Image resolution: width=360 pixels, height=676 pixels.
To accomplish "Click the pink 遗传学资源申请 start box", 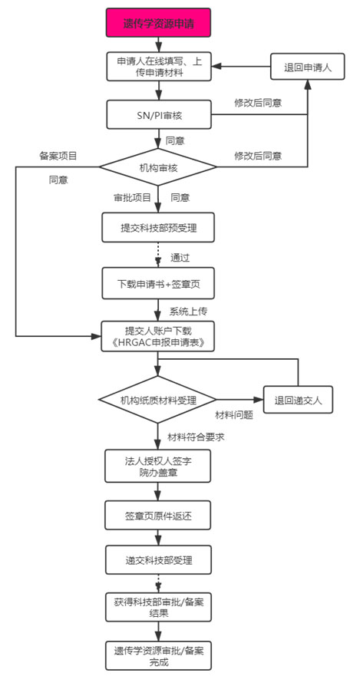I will pyautogui.click(x=159, y=24).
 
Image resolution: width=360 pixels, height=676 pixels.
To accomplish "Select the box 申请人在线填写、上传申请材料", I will pyautogui.click(x=159, y=67).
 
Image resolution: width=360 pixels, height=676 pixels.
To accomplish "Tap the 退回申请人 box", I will pyautogui.click(x=306, y=67).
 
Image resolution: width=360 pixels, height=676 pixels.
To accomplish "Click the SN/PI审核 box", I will pyautogui.click(x=159, y=115).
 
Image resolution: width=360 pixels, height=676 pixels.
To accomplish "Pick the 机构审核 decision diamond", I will pyautogui.click(x=160, y=166).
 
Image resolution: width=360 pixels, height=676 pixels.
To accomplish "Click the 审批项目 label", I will pyautogui.click(x=131, y=196).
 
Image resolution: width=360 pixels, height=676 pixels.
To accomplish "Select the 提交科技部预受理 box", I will pyautogui.click(x=158, y=227).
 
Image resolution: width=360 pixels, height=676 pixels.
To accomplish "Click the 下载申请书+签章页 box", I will pyautogui.click(x=158, y=282).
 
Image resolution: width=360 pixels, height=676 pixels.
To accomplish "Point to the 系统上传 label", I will pyautogui.click(x=189, y=312).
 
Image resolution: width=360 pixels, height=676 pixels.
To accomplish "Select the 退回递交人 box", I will pyautogui.click(x=299, y=400).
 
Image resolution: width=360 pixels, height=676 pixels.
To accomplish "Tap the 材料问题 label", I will pyautogui.click(x=234, y=415).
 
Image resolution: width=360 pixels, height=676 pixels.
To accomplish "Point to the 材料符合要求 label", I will pyautogui.click(x=195, y=437).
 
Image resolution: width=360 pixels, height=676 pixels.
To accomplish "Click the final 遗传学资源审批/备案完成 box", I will pyautogui.click(x=158, y=655).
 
